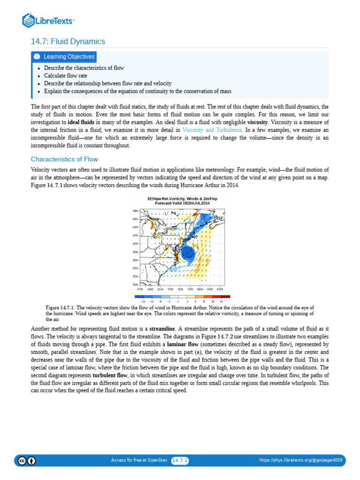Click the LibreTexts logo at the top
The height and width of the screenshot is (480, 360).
click(x=49, y=21)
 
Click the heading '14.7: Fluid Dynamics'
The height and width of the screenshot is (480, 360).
click(x=68, y=42)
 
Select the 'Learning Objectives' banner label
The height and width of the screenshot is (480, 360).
click(x=69, y=57)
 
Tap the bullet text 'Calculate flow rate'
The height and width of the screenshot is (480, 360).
click(x=66, y=75)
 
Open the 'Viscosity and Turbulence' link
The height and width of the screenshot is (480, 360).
click(x=212, y=129)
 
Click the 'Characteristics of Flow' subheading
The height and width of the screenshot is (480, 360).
click(x=64, y=159)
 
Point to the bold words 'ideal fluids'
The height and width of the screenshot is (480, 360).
click(x=81, y=121)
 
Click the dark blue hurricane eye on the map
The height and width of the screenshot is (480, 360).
click(x=189, y=254)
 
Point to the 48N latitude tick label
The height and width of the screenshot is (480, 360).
click(x=135, y=211)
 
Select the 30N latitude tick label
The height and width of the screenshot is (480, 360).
click(x=135, y=285)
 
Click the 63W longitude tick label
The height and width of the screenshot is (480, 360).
click(x=220, y=289)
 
